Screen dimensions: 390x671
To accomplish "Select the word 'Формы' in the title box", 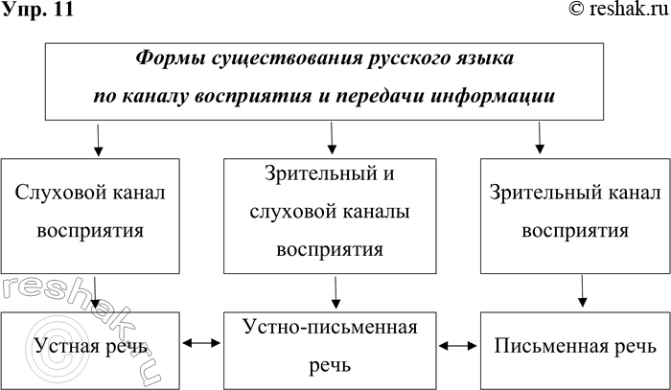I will pyautogui.click(x=169, y=58).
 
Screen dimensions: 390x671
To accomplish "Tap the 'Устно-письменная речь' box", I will pyautogui.click(x=331, y=346).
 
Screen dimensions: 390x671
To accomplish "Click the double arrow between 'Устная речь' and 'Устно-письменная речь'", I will pyautogui.click(x=201, y=341).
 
